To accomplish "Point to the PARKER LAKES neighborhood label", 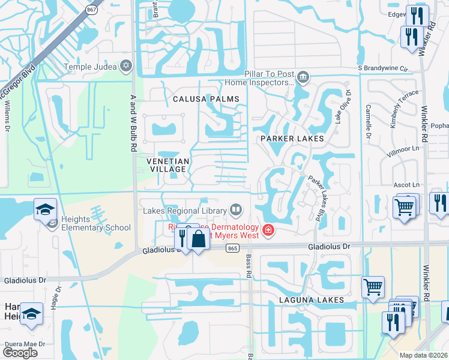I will click(x=292, y=139).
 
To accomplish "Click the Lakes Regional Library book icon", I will click(x=237, y=210).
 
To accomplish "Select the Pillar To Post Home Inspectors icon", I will click(x=303, y=77).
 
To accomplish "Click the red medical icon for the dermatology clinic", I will click(x=267, y=230).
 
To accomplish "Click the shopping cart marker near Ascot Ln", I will click(x=404, y=208).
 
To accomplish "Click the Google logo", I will click(x=20, y=353).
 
